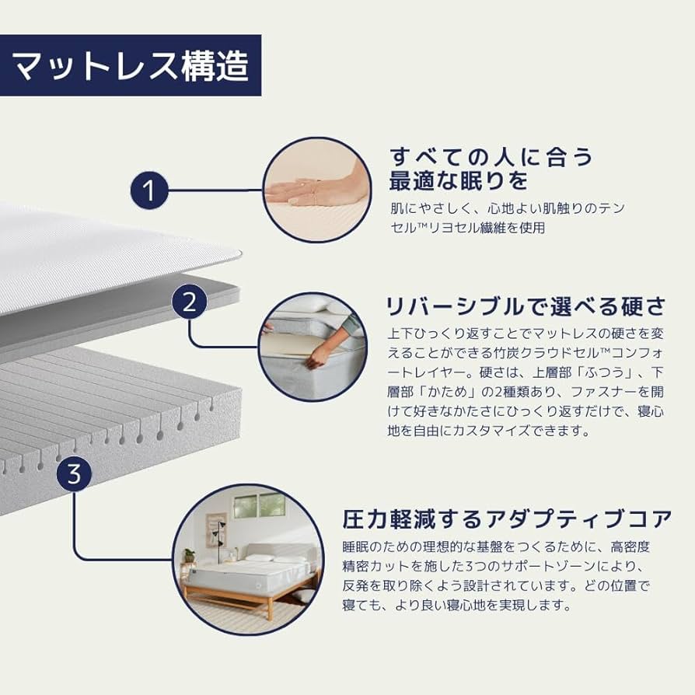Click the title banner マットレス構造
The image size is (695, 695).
point(131,65)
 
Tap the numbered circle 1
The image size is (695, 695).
point(149,190)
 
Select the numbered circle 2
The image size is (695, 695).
point(189,302)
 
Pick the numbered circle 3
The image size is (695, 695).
point(74,473)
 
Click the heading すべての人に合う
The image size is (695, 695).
point(491,157)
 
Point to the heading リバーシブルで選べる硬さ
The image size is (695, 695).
point(526,307)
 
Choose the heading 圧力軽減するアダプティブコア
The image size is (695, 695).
point(508,519)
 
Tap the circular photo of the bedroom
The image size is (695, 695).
point(248,560)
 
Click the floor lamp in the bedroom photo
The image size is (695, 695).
point(219,537)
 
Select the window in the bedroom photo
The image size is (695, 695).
point(260,505)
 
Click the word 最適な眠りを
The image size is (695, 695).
point(459,181)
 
